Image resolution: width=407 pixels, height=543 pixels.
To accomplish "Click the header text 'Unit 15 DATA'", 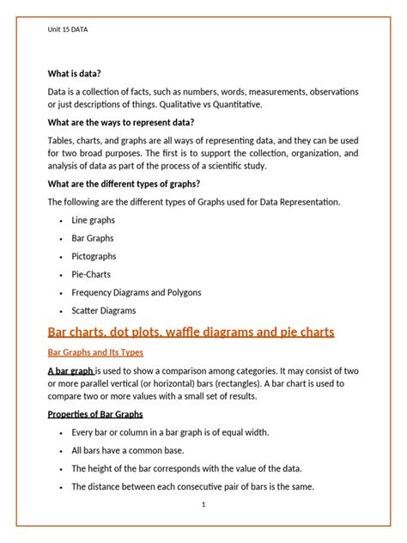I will click(x=67, y=29).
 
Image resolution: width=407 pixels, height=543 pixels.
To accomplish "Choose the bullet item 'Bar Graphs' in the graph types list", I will click(x=93, y=238).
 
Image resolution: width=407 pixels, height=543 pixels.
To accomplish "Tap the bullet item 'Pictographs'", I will click(x=94, y=256).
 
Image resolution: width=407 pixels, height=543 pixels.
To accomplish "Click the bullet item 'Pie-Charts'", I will click(x=92, y=274).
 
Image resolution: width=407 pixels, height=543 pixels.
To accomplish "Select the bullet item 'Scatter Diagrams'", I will click(x=103, y=311).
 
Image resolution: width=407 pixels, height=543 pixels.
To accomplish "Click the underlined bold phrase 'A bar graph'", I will click(x=71, y=370).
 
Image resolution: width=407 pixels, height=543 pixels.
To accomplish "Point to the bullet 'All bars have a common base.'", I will click(x=127, y=449).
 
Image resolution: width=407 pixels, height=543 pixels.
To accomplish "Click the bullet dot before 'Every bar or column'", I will click(x=59, y=432).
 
